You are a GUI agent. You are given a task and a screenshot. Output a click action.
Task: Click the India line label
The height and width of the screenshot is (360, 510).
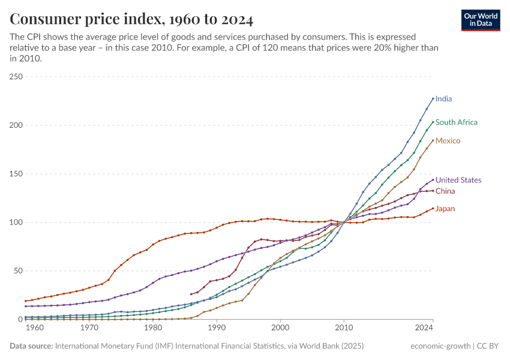(443, 98)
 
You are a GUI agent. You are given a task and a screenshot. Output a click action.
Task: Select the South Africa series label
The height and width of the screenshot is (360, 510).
(456, 122)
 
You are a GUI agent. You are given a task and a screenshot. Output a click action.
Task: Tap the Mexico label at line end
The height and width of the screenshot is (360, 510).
(448, 140)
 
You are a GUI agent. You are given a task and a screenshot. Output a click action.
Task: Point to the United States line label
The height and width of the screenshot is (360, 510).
(458, 180)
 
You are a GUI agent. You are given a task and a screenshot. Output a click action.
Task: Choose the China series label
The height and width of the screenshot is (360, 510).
(445, 191)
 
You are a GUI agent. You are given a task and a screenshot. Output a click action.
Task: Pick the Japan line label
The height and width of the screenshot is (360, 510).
(445, 209)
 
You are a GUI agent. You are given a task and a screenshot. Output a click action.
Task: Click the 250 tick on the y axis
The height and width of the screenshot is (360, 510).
(16, 77)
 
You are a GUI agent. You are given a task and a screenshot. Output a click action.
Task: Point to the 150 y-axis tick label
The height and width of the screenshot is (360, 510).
(16, 174)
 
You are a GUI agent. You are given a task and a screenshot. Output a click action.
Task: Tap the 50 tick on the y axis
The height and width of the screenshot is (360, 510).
(18, 271)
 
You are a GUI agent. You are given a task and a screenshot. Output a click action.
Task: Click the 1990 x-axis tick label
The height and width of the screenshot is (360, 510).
(217, 328)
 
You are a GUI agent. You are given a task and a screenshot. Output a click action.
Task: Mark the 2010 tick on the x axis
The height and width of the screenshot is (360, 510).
(344, 328)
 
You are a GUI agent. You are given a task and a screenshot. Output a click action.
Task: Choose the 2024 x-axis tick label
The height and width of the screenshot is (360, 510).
(424, 328)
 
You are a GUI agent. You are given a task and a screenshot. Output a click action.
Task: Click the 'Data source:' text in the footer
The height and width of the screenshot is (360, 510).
(31, 346)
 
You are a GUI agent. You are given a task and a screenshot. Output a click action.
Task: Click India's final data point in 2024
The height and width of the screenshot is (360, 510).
(433, 98)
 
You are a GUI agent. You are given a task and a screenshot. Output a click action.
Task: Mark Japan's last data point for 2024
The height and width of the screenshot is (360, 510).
(433, 209)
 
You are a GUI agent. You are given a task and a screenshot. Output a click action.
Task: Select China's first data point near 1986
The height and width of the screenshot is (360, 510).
(191, 294)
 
